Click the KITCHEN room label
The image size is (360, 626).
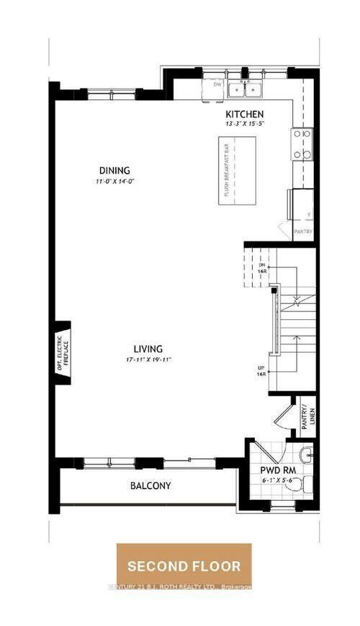[245, 114]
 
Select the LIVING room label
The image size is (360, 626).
[147, 348]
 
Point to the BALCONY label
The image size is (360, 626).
[150, 486]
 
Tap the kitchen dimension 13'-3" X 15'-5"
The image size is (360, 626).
[245, 124]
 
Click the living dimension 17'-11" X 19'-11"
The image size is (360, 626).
[147, 359]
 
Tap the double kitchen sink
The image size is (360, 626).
[246, 89]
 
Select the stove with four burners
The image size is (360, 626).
[302, 144]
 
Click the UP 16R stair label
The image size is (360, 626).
[262, 370]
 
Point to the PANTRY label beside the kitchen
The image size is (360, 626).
[303, 231]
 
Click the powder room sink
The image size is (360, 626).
[306, 454]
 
